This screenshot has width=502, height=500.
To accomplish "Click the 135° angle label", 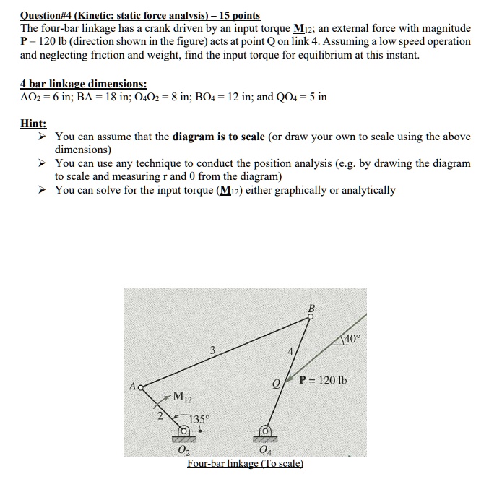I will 200,418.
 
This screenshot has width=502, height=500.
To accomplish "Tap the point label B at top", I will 312,309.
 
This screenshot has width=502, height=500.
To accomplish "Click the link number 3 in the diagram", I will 212,351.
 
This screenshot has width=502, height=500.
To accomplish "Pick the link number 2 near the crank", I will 161,413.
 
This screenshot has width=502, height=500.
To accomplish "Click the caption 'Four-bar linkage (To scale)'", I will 245,463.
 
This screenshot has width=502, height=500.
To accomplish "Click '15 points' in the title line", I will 234,14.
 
